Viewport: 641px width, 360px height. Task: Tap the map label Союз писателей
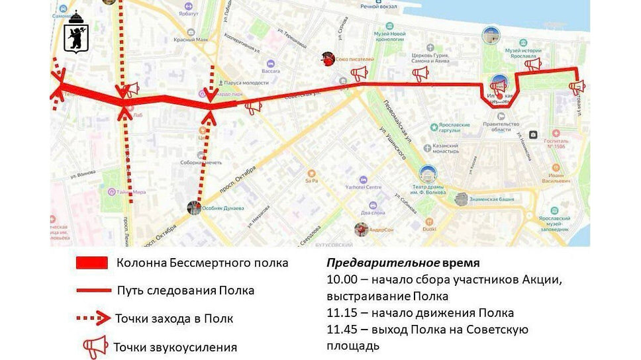pos(354,59)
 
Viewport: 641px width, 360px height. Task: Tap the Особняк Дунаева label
pos(224,208)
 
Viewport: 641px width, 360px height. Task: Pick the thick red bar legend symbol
pos(91,263)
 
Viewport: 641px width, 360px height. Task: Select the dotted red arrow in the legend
pos(92,318)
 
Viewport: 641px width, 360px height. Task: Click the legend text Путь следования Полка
pos(185,291)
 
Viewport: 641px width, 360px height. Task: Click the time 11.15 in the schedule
pos(340,312)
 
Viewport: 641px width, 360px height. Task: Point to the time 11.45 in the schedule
pos(340,329)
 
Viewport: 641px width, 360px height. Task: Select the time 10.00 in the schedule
pos(340,279)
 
